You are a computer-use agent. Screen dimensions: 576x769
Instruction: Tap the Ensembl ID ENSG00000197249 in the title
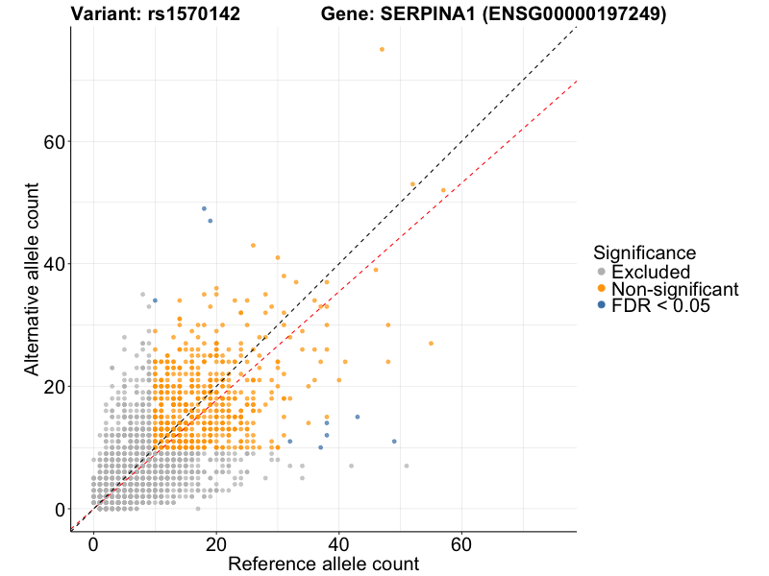point(587,14)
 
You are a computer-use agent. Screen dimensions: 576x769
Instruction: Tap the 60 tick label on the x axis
point(461,543)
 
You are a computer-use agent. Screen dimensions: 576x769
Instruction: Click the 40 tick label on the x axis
point(338,543)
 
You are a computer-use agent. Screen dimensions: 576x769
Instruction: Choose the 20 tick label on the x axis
point(216,543)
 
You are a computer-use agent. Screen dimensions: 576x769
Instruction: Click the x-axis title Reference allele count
point(323,564)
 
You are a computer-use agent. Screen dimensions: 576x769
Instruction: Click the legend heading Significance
point(644,252)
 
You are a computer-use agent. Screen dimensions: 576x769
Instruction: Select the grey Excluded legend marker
point(601,272)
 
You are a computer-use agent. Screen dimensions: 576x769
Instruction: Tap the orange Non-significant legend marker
point(601,288)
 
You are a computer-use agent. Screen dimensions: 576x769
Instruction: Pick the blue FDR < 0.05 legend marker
point(601,304)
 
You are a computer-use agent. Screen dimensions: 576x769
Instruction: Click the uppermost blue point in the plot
point(204,208)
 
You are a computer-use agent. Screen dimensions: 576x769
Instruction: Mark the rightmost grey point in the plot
point(407,466)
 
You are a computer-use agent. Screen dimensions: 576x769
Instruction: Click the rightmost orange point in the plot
point(443,190)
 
